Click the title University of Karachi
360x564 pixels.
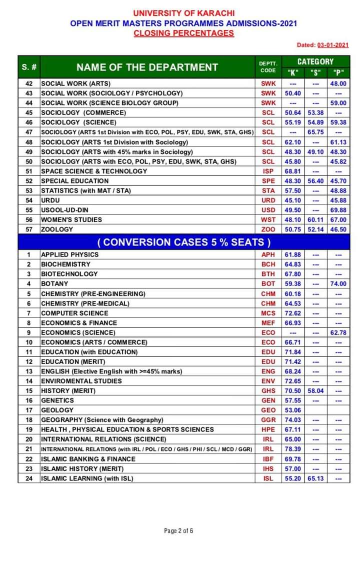coord(183,13)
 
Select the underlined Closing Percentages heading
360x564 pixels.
coord(183,33)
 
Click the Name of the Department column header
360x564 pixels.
coord(147,67)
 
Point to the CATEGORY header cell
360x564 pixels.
coord(315,61)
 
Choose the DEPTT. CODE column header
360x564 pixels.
coord(268,67)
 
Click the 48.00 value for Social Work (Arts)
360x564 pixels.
coord(338,83)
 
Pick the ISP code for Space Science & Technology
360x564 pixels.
coord(268,171)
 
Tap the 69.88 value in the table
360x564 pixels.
coord(338,210)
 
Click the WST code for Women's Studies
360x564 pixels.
coord(268,219)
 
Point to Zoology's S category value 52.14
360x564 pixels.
coord(315,229)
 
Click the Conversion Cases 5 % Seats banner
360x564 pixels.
coord(183,242)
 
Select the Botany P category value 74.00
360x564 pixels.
coord(338,283)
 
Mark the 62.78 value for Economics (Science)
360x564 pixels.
coord(338,332)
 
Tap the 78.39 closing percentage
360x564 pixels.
coord(292,449)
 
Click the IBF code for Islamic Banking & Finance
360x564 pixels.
coord(268,459)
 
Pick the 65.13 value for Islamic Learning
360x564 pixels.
coord(315,478)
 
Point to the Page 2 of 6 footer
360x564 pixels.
coord(178,530)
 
